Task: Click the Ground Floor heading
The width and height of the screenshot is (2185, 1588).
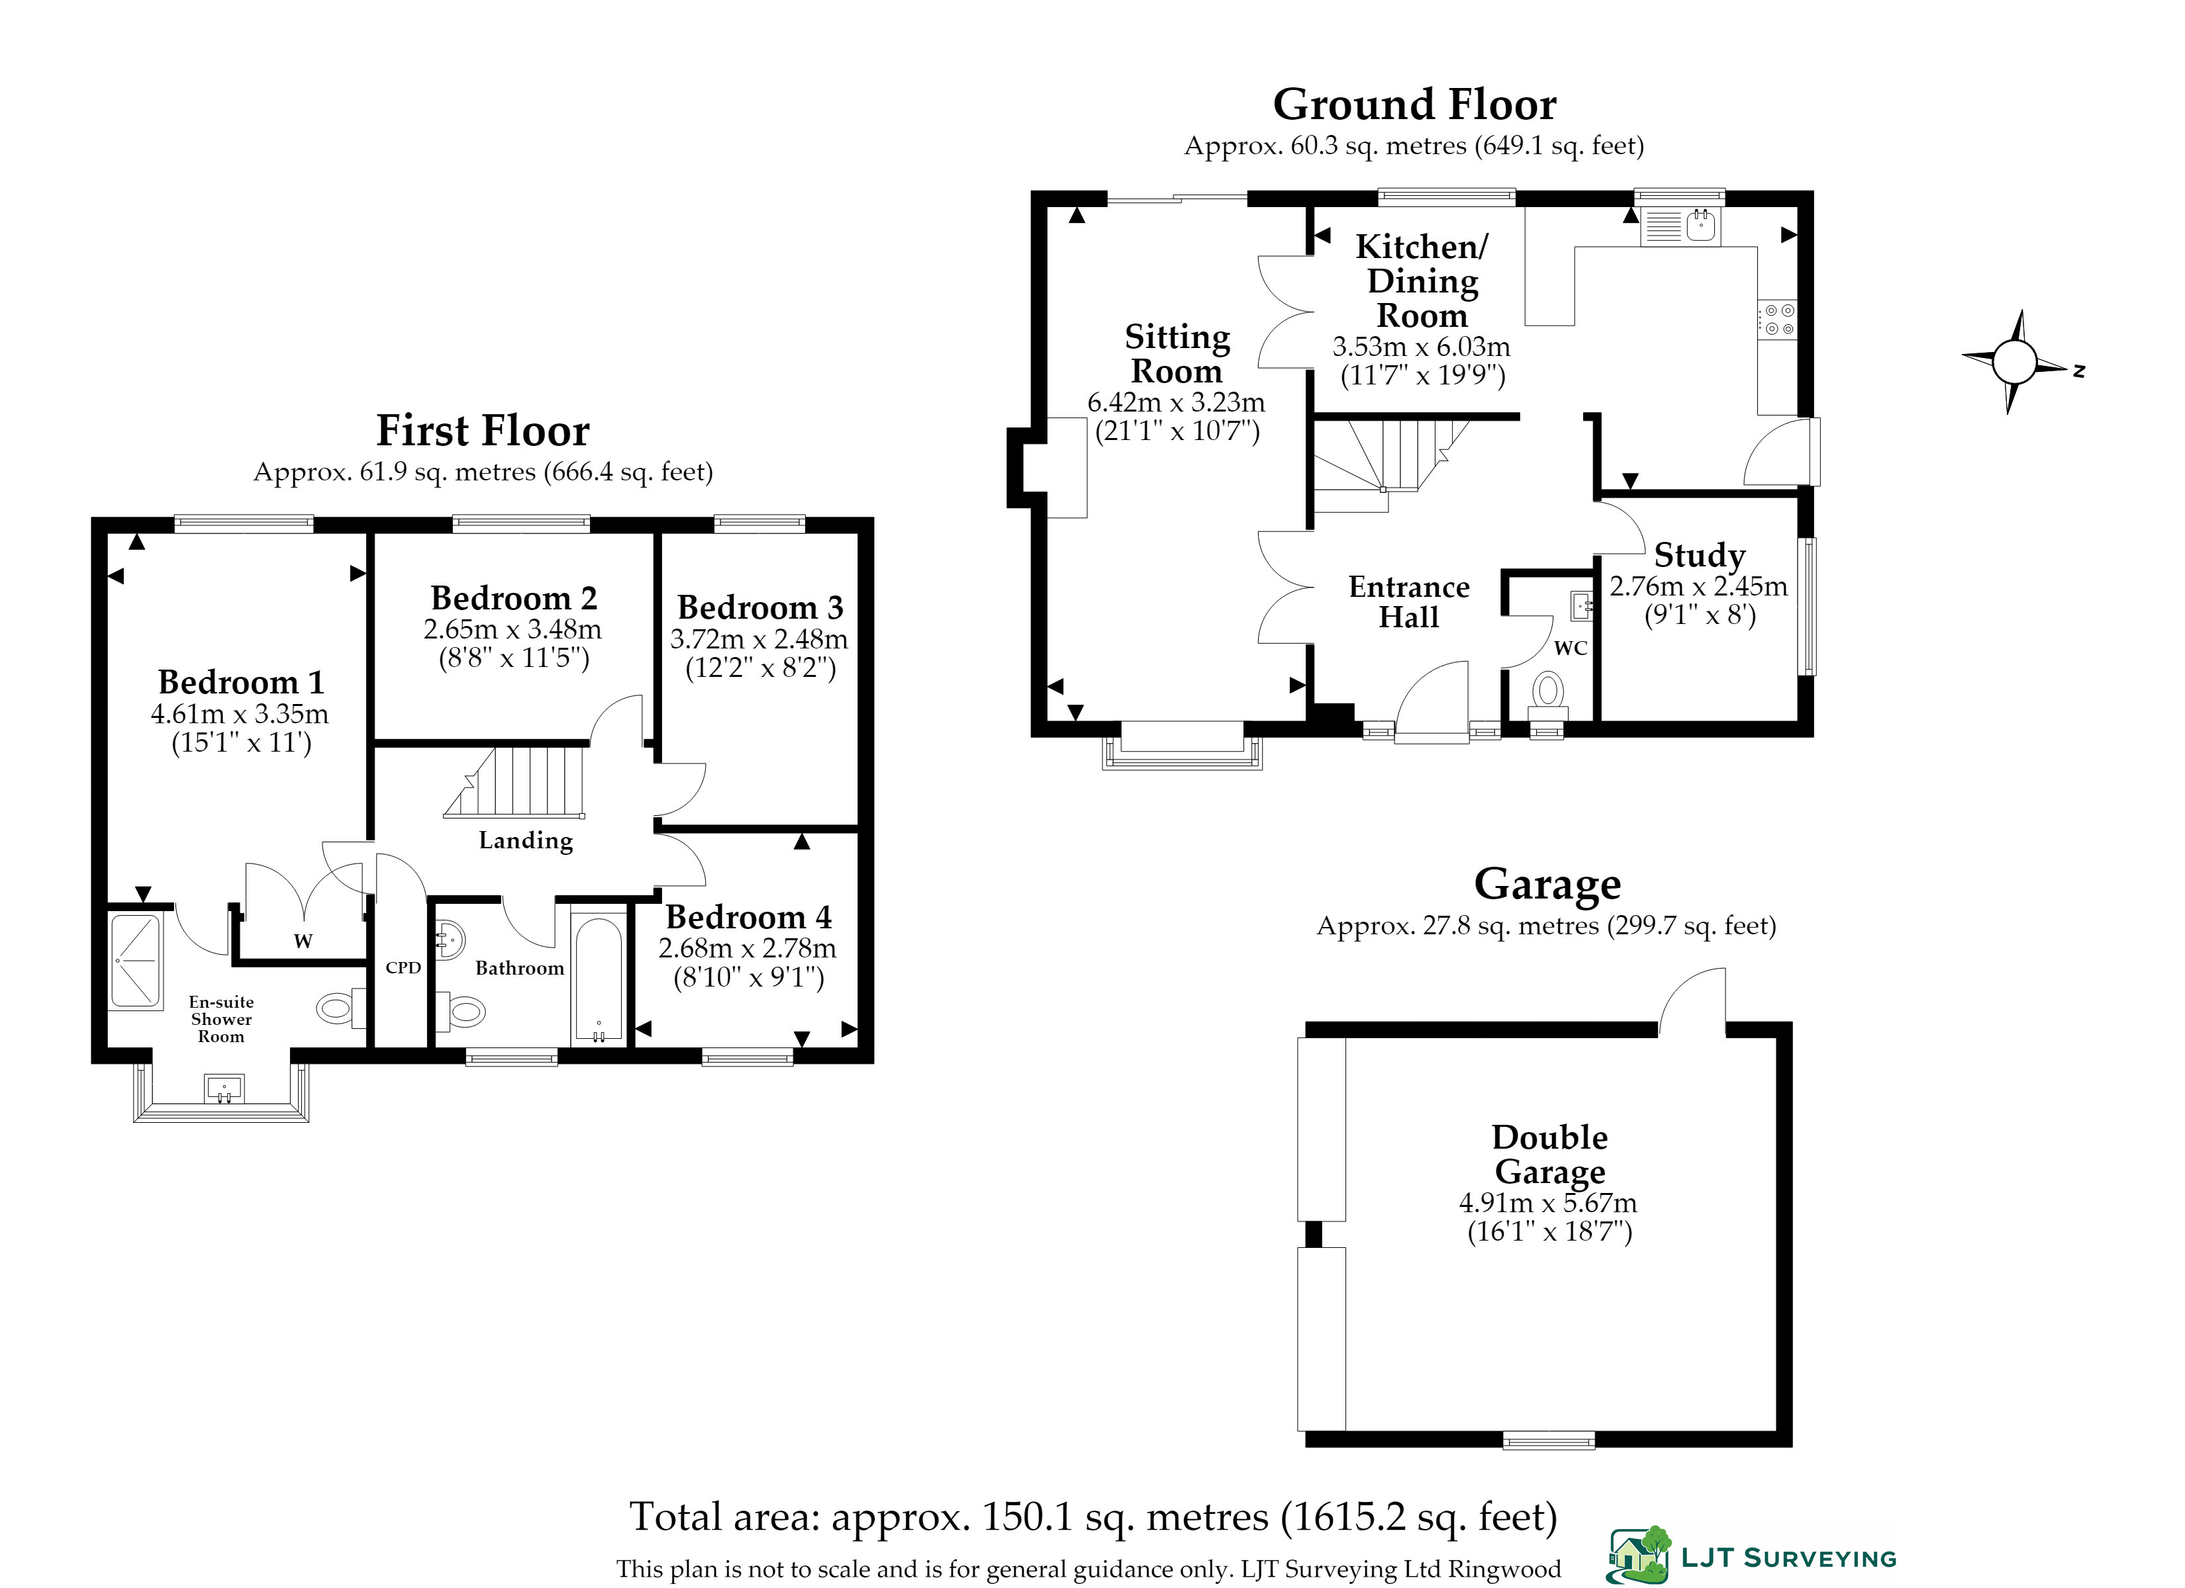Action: coord(1414,104)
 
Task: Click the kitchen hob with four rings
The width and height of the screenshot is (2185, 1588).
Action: coord(1778,320)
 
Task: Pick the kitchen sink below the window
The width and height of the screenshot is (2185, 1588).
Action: coord(1682,226)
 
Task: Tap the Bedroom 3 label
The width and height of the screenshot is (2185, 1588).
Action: coord(760,607)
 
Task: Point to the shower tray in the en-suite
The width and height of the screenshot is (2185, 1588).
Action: coord(136,961)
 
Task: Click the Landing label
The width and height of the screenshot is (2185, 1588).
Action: coord(526,841)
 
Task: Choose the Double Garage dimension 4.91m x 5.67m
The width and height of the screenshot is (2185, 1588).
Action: coord(1548,1203)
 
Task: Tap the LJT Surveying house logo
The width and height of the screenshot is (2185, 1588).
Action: coord(1639,1554)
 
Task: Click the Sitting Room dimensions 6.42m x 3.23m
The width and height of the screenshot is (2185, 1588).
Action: coord(1177,402)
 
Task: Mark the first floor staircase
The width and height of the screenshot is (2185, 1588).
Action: coord(514,782)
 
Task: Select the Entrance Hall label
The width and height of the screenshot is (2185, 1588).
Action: coord(1410,602)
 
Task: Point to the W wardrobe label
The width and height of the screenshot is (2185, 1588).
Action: coord(303,941)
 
